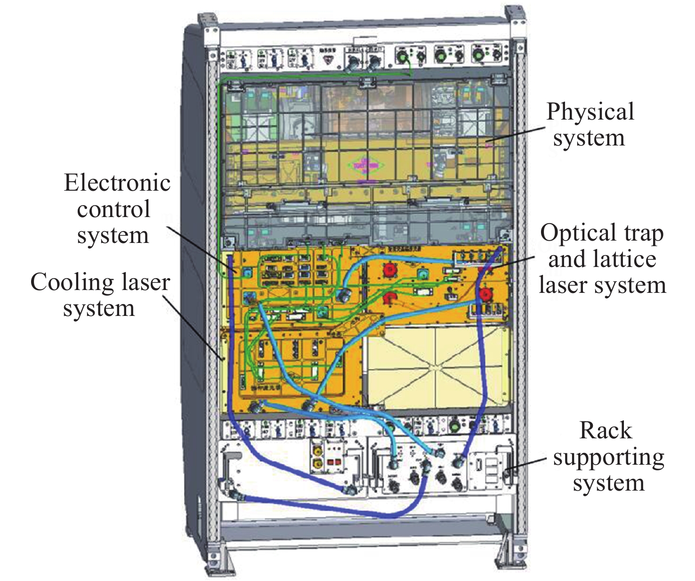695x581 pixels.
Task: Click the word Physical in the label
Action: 590,112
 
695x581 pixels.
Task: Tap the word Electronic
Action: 117,183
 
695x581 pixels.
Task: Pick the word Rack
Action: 606,430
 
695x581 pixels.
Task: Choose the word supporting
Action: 608,457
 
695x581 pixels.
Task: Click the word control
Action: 113,209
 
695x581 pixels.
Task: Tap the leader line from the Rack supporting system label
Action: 526,464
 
